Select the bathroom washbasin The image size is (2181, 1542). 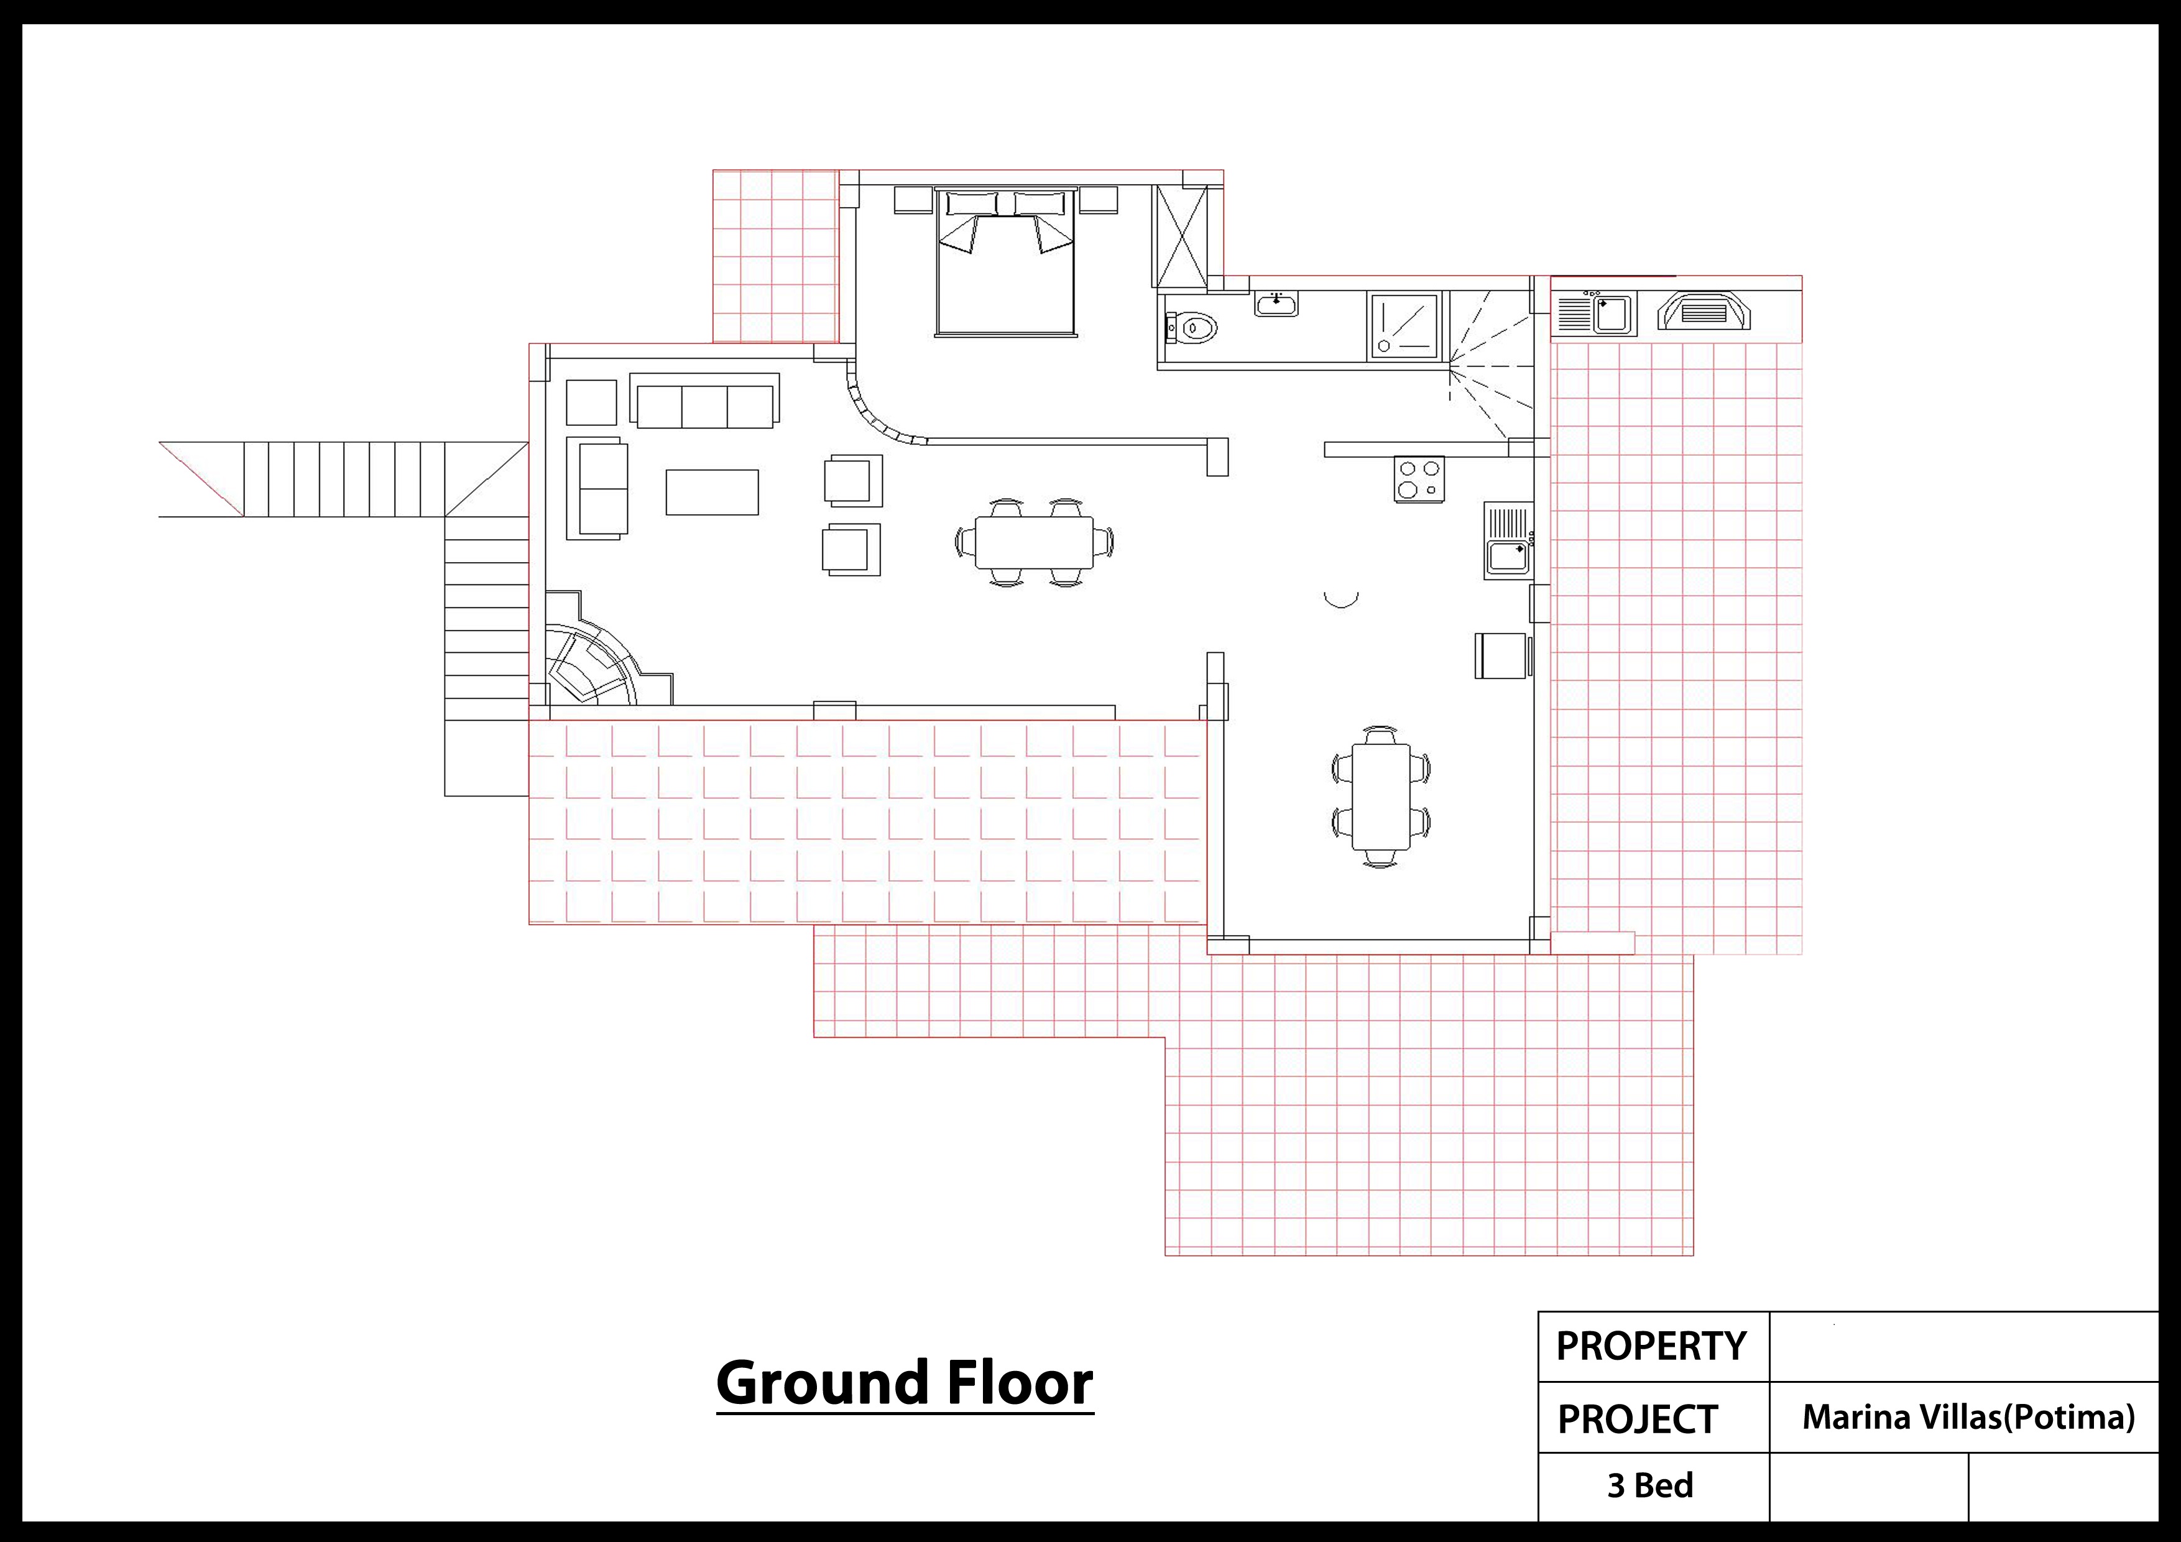click(x=1276, y=303)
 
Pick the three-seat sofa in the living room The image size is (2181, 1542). click(x=704, y=400)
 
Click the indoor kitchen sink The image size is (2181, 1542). click(x=1508, y=540)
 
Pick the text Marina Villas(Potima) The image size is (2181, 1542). click(x=1968, y=1418)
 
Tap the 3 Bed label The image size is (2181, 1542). click(x=1650, y=1485)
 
